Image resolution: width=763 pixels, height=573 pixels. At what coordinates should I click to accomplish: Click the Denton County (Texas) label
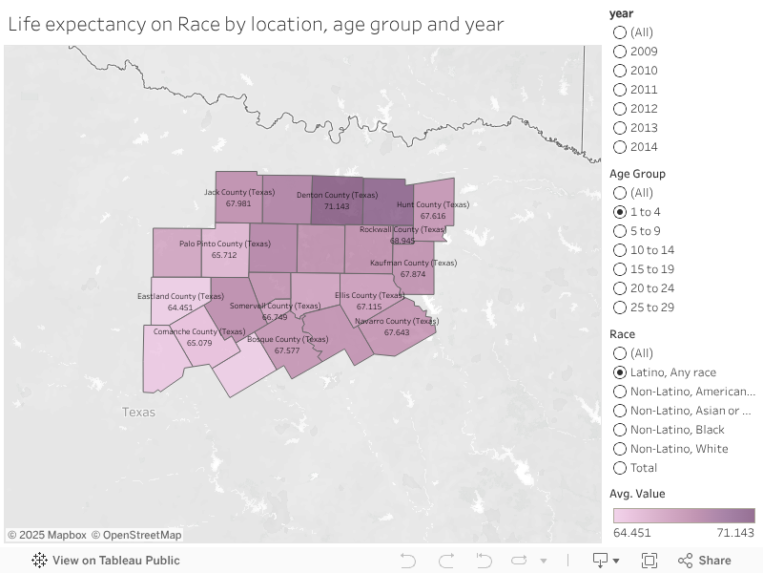[x=337, y=195]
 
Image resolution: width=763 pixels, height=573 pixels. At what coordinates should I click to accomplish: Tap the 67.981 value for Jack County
[x=238, y=203]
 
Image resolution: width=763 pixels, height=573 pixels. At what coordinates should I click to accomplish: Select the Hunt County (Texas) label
[x=432, y=204]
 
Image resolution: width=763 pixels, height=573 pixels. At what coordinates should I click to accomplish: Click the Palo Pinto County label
[x=224, y=244]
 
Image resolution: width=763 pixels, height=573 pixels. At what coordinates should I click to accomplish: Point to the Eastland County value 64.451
[x=180, y=308]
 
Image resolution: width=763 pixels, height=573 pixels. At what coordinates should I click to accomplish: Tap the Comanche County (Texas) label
[x=199, y=331]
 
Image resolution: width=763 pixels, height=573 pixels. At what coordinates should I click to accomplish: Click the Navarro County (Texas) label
[x=396, y=322]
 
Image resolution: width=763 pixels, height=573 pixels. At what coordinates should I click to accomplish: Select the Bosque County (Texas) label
[x=287, y=339]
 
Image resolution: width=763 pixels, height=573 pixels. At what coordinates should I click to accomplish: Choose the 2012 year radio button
[x=620, y=109]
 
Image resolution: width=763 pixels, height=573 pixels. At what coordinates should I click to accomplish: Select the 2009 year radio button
[x=620, y=52]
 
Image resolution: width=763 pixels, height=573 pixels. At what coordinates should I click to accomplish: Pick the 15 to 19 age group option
[x=620, y=269]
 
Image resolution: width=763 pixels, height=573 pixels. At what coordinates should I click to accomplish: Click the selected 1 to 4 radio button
[x=620, y=212]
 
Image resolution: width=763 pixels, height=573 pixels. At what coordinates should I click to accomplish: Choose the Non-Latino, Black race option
[x=620, y=430]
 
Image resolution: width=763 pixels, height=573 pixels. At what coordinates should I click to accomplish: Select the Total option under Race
[x=620, y=468]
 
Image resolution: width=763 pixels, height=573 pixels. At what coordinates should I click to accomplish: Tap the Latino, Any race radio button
[x=620, y=372]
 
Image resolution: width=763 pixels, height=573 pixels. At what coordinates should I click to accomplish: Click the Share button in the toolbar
[x=705, y=561]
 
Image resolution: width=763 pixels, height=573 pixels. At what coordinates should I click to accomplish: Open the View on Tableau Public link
[x=106, y=561]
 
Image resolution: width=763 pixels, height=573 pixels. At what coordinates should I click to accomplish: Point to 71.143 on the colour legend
[x=735, y=533]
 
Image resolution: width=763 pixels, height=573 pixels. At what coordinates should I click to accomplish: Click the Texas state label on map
[x=138, y=413]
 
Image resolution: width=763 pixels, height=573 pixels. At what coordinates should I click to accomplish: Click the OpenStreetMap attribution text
[x=136, y=535]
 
